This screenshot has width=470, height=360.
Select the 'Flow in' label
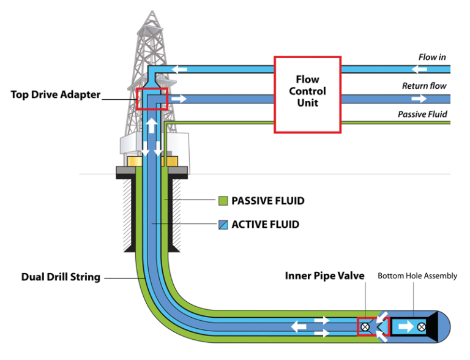[431, 57]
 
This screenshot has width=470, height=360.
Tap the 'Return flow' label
[423, 86]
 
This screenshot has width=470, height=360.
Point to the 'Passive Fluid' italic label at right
[422, 114]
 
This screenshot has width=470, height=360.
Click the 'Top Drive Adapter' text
[54, 96]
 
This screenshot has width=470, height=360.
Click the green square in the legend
[223, 201]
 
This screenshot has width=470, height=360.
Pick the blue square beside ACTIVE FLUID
[223, 225]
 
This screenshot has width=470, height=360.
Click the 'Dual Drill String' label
[61, 277]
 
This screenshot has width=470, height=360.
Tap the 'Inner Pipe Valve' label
[324, 276]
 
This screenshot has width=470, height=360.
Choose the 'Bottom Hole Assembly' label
[417, 276]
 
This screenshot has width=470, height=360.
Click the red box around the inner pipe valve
[367, 326]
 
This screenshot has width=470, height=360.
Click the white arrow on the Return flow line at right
[419, 98]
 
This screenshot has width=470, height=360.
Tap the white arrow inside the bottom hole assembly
[405, 327]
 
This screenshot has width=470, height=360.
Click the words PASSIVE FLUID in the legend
[267, 201]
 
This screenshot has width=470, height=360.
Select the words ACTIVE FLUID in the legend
[265, 225]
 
